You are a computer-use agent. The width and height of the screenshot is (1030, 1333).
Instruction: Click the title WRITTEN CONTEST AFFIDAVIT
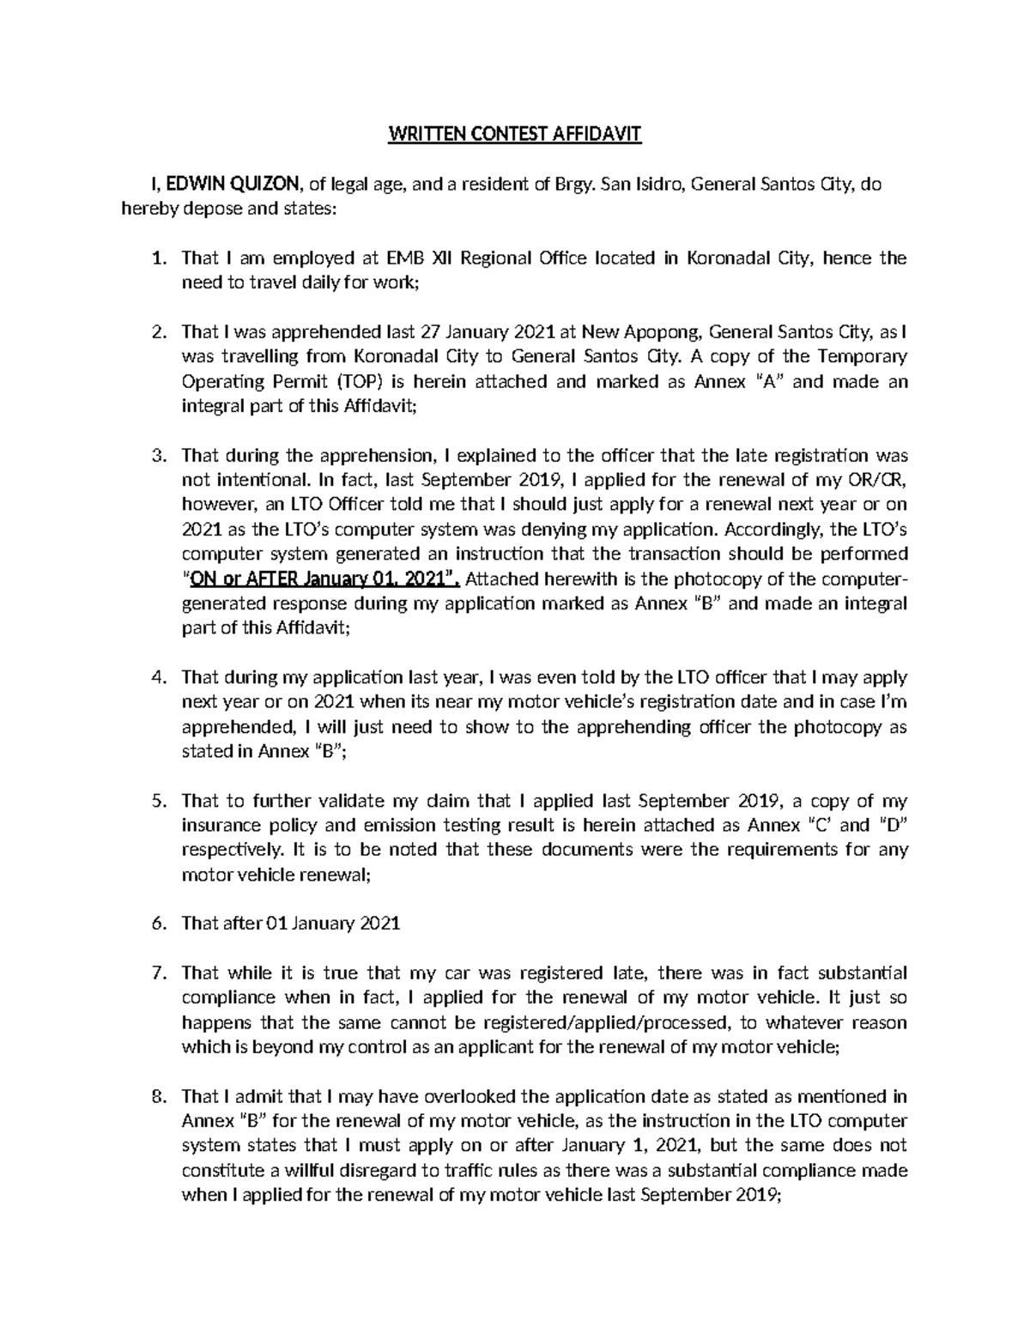515,135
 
